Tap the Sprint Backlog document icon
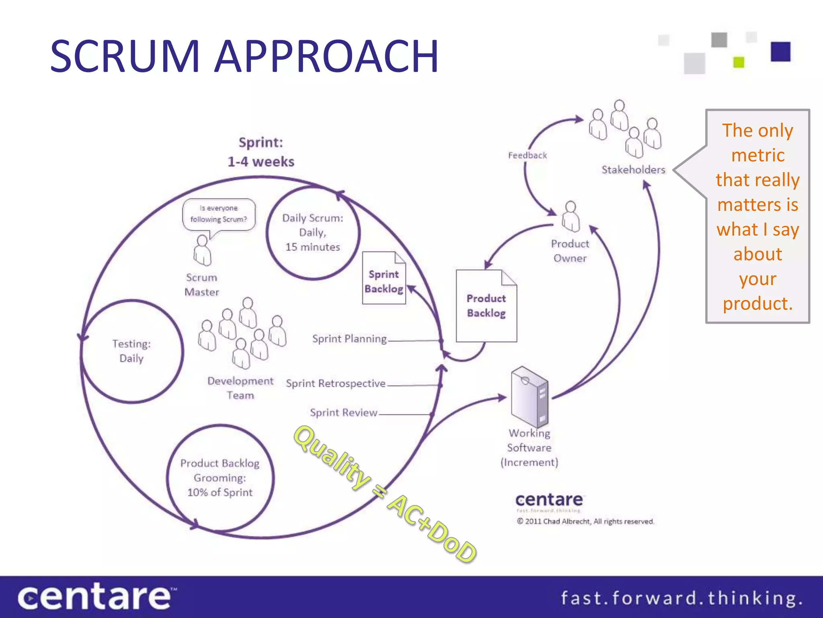click(384, 278)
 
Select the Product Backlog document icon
click(486, 306)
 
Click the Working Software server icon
click(529, 397)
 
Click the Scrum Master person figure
click(202, 251)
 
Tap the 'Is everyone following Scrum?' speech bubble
click(219, 214)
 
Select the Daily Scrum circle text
click(313, 233)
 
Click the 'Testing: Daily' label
click(131, 351)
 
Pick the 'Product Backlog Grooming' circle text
click(220, 478)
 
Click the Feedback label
click(527, 155)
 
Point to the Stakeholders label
click(633, 170)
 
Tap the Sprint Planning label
click(349, 339)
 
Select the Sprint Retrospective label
click(336, 383)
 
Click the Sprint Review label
click(344, 413)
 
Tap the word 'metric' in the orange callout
click(757, 155)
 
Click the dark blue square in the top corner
click(780, 51)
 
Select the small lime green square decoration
click(739, 62)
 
